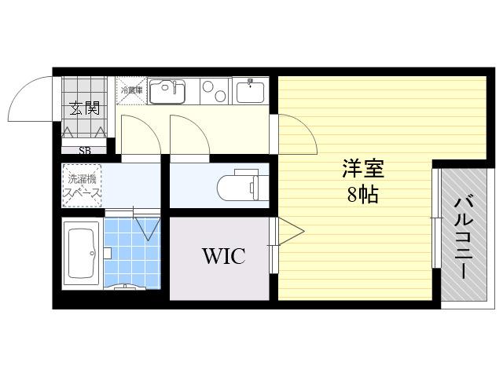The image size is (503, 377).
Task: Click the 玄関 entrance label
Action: pos(85,108)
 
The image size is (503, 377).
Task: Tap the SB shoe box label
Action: pos(85,150)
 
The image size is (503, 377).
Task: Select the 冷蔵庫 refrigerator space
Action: pos(131,91)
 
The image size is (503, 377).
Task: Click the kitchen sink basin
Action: pos(167,92)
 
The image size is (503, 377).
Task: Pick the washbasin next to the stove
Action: pos(250,92)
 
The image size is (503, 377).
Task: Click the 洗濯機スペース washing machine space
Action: pos(82,185)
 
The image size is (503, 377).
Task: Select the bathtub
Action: pos(82,253)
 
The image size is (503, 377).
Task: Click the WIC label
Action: pos(224,256)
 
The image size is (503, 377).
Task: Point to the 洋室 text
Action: pos(363,169)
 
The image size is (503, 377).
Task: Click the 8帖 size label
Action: pos(363,194)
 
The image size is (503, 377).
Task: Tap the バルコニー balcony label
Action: pos(464,237)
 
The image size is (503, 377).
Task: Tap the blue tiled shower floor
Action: pos(132,253)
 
